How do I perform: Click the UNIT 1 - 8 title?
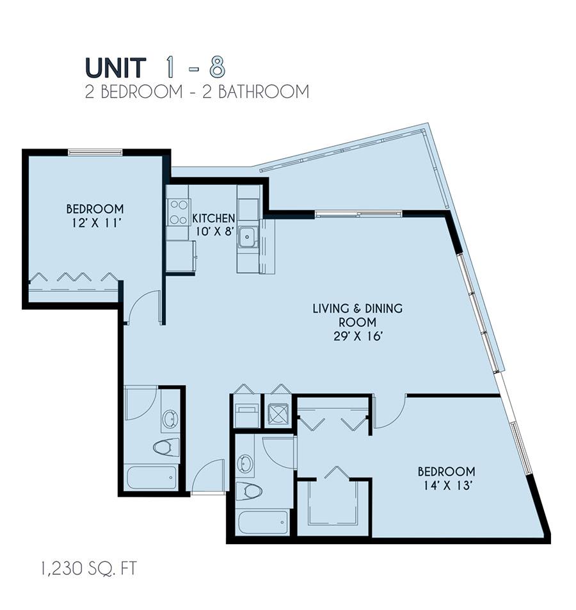[x=154, y=67]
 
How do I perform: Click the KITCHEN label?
[x=214, y=219]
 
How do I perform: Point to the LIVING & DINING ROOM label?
[x=357, y=315]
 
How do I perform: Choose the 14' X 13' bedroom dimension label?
[x=446, y=485]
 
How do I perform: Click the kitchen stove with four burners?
[x=179, y=211]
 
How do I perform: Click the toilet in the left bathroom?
[x=166, y=447]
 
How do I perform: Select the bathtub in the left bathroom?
[x=151, y=478]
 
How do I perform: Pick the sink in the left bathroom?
[x=170, y=419]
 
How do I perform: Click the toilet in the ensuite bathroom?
[x=249, y=492]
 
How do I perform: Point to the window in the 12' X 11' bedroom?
[x=95, y=152]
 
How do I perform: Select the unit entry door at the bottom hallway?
[x=208, y=478]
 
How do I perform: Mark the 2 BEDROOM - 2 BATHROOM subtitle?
[x=197, y=91]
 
